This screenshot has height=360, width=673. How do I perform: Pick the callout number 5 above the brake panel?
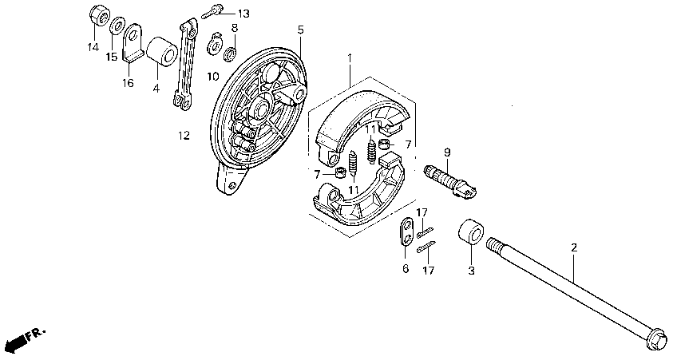click(301, 30)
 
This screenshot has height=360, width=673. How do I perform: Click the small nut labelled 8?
click(229, 54)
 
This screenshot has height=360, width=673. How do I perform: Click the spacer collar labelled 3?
click(469, 232)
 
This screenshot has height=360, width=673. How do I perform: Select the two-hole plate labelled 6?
click(406, 232)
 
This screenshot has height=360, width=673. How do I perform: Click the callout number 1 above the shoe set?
click(349, 58)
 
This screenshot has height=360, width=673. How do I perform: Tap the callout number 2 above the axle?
click(573, 248)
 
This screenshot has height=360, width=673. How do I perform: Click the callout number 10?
click(213, 77)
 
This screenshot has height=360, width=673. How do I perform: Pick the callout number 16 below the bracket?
click(129, 82)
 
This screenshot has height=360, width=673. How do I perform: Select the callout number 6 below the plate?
click(405, 269)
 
